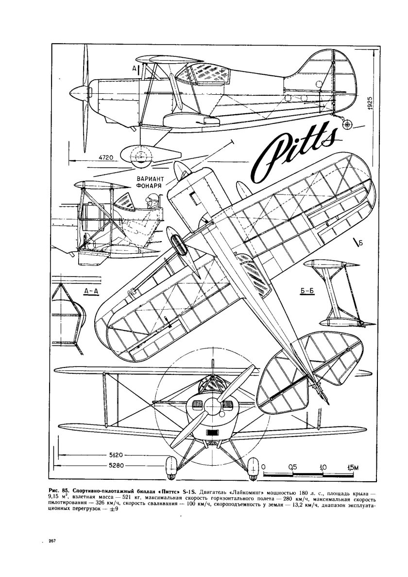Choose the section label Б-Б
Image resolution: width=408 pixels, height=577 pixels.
point(304,292)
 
